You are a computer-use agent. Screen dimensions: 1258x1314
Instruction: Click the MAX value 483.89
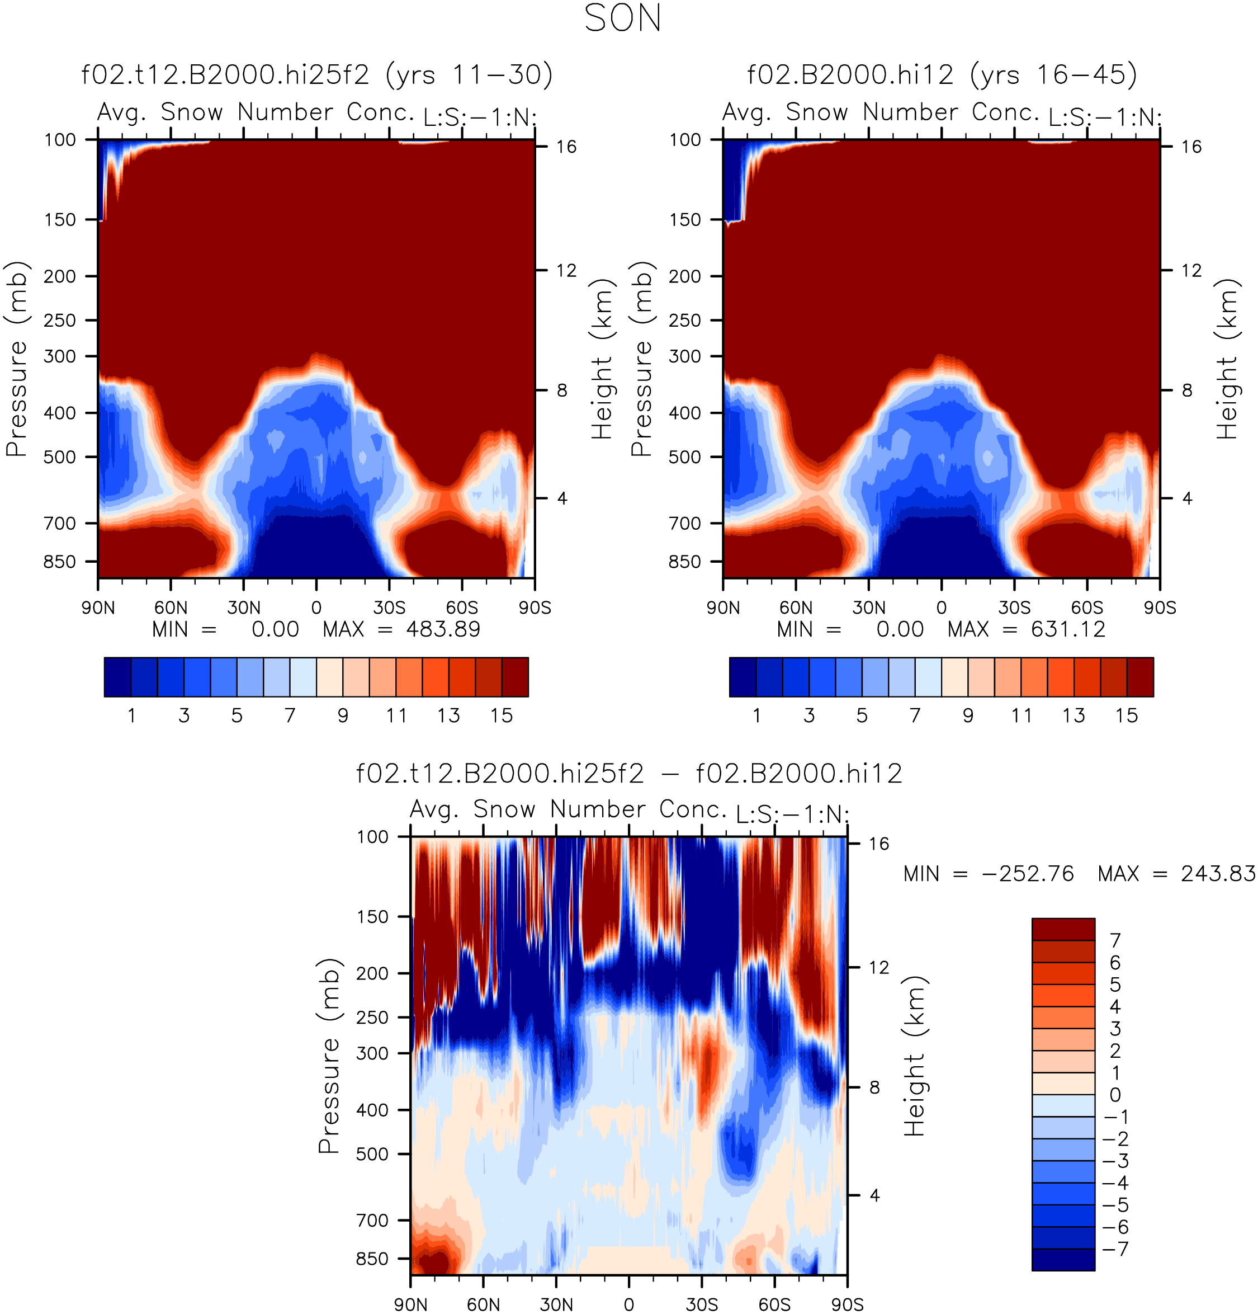coord(443,629)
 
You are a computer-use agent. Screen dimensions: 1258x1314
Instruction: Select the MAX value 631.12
coord(1068,629)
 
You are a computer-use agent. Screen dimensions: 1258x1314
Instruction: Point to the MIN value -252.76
coord(1036,874)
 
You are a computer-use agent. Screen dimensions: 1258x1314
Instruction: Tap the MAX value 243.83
coord(1218,874)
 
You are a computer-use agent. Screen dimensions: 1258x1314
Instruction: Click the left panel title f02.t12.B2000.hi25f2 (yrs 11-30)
coord(317,74)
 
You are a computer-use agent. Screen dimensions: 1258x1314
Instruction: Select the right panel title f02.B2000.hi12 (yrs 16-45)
coord(942,74)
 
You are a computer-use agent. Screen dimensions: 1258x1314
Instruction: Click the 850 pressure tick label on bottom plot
coord(372,1259)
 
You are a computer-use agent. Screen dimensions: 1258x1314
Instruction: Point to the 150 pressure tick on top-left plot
coord(60,220)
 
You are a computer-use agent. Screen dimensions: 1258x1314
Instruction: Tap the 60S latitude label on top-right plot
coord(1087,608)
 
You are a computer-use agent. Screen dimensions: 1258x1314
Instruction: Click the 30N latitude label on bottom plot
coord(556,1304)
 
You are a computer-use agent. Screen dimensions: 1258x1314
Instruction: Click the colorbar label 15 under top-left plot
coord(502,716)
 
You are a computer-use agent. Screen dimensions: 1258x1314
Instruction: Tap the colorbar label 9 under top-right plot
coord(968,716)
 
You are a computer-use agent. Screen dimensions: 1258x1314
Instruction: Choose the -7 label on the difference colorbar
coord(1116,1250)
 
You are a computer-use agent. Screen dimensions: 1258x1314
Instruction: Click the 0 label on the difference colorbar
coord(1115,1095)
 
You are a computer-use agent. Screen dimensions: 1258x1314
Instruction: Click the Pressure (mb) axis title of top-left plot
coord(17,359)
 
